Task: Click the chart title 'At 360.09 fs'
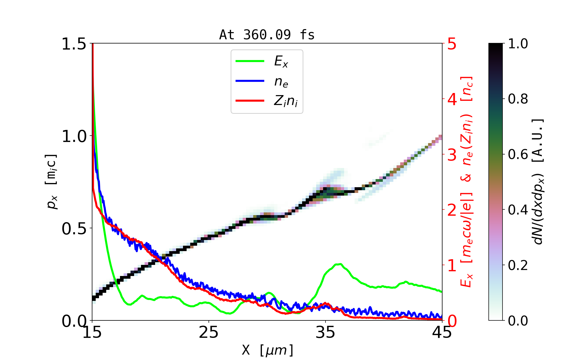(x=267, y=35)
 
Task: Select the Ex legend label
(x=281, y=61)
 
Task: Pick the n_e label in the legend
(x=281, y=82)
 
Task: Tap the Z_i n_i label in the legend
(x=286, y=101)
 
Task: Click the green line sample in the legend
(x=250, y=61)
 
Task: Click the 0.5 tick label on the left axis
(x=73, y=229)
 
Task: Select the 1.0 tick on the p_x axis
(x=73, y=136)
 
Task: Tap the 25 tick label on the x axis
(x=208, y=332)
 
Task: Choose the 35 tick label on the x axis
(x=325, y=332)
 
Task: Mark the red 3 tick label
(x=452, y=155)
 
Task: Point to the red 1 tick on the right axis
(x=452, y=265)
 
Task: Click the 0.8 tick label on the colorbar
(x=518, y=99)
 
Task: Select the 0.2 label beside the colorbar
(x=518, y=265)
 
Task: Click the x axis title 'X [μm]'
(x=268, y=350)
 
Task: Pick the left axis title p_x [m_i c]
(x=52, y=182)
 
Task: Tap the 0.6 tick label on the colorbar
(x=518, y=154)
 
